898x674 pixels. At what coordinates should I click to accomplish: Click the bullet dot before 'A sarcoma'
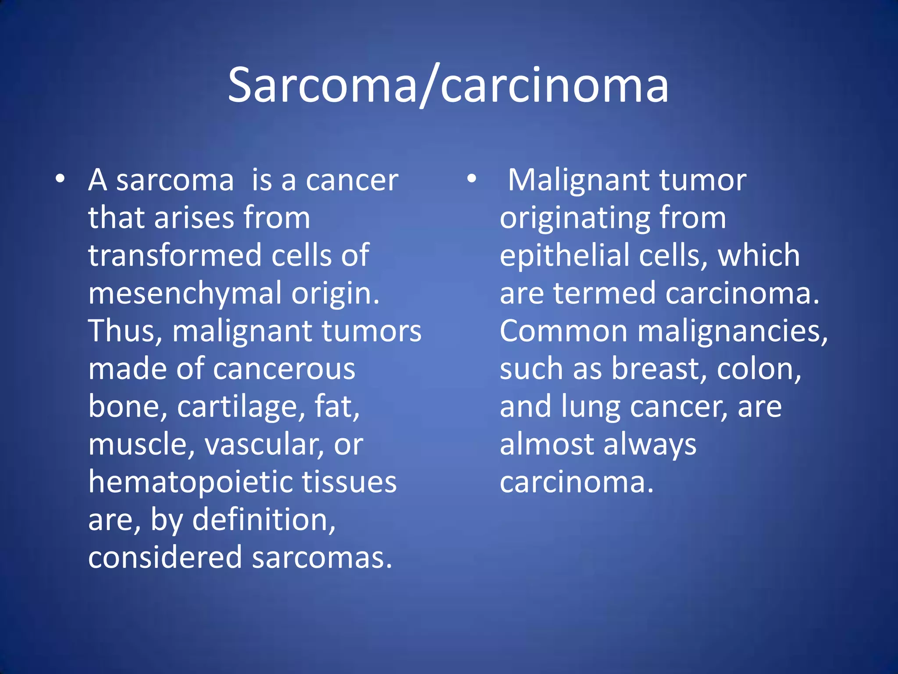point(60,179)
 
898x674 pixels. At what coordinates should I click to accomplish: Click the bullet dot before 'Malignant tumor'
point(471,179)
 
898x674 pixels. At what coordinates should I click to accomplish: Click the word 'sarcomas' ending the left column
point(321,557)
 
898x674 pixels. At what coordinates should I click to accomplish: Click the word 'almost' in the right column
point(546,445)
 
